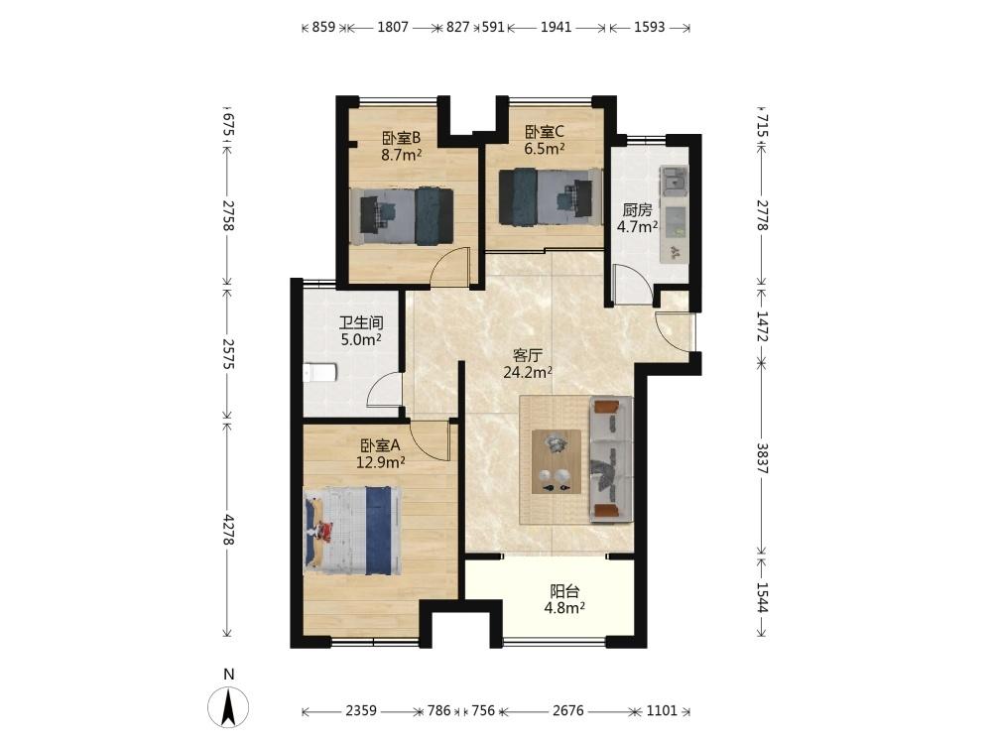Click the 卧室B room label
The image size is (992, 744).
(401, 137)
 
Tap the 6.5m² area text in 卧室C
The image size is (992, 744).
(544, 149)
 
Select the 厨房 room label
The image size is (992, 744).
(637, 210)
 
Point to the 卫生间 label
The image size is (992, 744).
(361, 322)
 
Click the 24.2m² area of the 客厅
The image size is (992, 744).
(528, 372)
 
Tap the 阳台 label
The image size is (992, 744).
(564, 591)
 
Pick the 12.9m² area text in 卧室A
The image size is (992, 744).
(380, 462)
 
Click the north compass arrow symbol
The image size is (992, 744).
(228, 706)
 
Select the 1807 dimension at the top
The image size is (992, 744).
(392, 27)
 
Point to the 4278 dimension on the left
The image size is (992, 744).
(228, 530)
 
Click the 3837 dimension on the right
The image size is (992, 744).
(762, 458)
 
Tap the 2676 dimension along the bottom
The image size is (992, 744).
(568, 710)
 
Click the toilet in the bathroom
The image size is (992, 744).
(318, 373)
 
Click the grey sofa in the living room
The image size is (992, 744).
(611, 460)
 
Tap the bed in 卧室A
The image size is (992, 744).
(352, 530)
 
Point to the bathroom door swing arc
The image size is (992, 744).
(385, 390)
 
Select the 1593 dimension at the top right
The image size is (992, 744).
(649, 27)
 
